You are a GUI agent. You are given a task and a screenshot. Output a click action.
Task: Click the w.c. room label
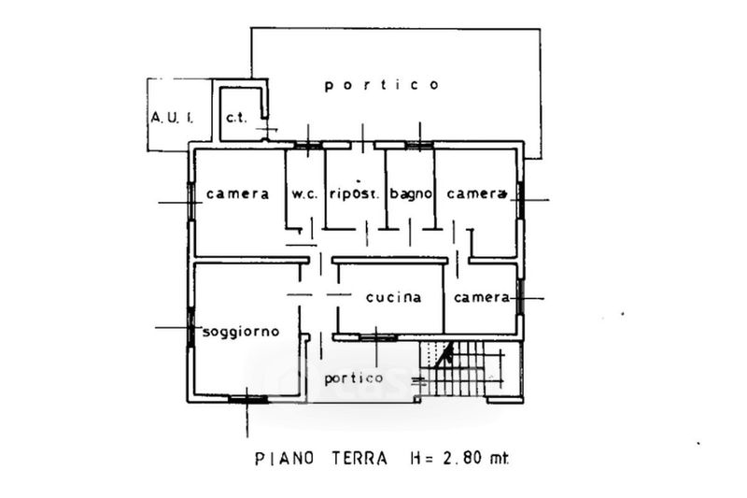[304, 194]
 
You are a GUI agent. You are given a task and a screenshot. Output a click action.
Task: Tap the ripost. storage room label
[355, 194]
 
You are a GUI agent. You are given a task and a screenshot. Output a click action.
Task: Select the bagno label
[411, 194]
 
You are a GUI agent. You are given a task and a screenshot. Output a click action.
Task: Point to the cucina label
[393, 297]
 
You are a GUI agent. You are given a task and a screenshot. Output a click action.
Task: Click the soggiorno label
[241, 332]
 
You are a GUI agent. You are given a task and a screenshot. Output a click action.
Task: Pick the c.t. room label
[237, 118]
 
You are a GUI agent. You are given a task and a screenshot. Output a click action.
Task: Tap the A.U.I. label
[172, 117]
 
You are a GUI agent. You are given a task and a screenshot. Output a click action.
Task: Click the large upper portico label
[382, 85]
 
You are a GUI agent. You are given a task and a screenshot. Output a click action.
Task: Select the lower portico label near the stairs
[354, 378]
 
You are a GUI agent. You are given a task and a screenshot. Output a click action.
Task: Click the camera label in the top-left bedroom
[238, 194]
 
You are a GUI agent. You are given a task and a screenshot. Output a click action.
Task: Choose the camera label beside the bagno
[476, 194]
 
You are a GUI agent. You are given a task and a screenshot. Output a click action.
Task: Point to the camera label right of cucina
[482, 297]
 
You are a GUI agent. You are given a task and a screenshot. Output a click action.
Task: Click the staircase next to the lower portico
[461, 368]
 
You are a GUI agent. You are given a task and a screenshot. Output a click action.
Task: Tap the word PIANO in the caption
[285, 459]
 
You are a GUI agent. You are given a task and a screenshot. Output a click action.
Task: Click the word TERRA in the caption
[359, 459]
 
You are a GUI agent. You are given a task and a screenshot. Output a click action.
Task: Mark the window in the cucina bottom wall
[378, 337]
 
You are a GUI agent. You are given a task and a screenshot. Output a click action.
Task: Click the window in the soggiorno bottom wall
[247, 399]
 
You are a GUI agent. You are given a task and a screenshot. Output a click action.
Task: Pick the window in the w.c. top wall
[308, 146]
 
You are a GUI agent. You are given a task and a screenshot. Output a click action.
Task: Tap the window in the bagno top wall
[419, 146]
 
